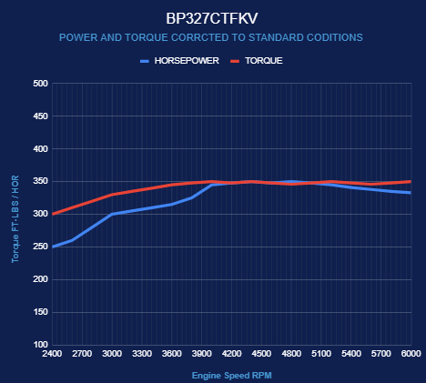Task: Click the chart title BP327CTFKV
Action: coord(212,18)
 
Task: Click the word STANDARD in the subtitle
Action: coord(276,37)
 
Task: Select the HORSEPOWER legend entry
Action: coord(179,61)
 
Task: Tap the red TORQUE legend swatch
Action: coord(235,61)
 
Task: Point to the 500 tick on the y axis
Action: coord(40,84)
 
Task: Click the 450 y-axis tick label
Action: coord(40,116)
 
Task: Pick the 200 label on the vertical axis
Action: coord(40,279)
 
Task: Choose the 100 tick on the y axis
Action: coord(40,345)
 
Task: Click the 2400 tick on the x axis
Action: coord(52,354)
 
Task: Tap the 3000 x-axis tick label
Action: coord(112,354)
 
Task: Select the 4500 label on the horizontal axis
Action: coord(261,354)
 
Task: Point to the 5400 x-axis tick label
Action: coord(351,354)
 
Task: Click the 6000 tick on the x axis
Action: coord(411,354)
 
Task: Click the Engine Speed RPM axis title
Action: coord(232,376)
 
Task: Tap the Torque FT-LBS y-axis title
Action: coord(15,219)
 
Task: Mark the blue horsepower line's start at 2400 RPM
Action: coord(53,247)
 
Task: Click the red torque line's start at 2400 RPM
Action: coord(53,214)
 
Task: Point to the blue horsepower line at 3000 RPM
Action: coord(112,214)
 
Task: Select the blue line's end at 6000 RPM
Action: coord(411,193)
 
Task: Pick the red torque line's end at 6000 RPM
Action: coord(411,182)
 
